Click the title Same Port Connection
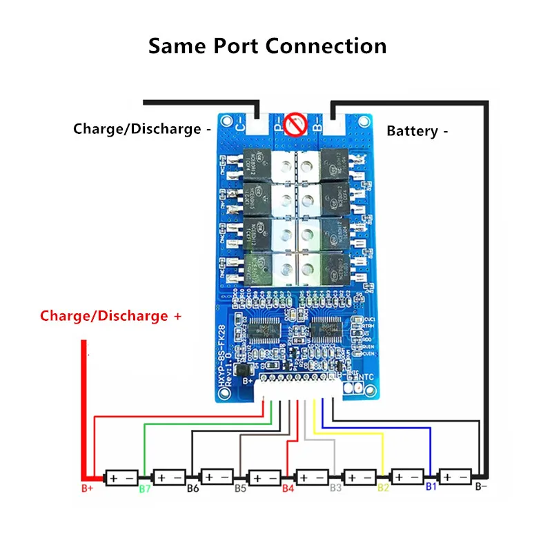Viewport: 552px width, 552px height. click(268, 46)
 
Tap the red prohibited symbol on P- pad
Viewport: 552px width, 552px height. click(295, 126)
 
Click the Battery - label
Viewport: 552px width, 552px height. click(413, 131)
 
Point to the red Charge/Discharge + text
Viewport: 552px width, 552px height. click(112, 316)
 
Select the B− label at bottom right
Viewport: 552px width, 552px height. click(482, 487)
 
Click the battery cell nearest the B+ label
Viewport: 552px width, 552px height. click(121, 477)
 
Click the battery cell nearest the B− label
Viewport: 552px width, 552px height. click(455, 476)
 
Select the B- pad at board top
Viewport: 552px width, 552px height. click(317, 126)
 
